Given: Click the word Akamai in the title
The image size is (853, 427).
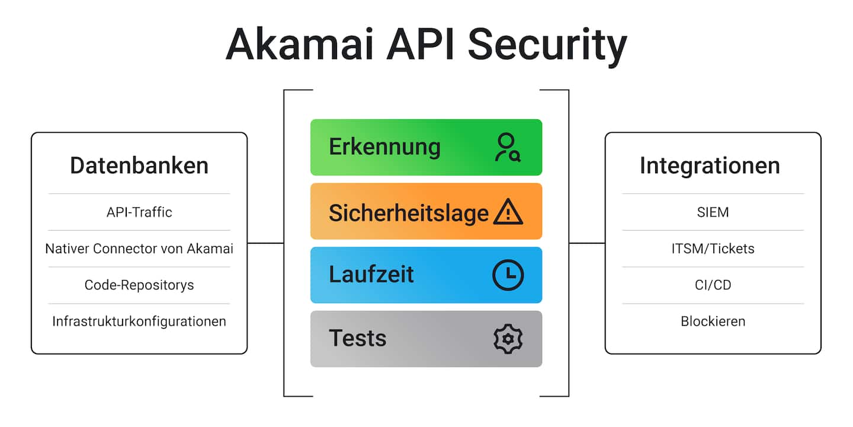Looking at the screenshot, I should pos(299,44).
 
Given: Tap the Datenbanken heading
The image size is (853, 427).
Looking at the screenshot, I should pos(139,165).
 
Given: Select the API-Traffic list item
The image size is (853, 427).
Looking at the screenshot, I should pos(139,212).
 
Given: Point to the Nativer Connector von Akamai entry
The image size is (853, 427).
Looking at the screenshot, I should pos(139,248).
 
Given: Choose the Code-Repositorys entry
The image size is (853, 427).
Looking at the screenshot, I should pos(139,285).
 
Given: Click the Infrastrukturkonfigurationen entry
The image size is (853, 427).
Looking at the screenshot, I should pos(139,321).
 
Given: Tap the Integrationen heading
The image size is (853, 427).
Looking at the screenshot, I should pos(710,165).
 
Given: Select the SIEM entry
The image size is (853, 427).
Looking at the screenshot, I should pos(713,212).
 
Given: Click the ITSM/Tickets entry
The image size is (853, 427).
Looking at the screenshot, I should pos(713,248).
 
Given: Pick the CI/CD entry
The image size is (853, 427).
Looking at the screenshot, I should pos(713,285).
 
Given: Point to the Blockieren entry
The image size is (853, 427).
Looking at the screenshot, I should pos(713,321).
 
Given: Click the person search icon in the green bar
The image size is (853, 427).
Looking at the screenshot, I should pos(508,148).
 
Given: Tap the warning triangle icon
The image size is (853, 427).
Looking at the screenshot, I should pos(508,212).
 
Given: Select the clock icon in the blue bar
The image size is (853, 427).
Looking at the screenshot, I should pos(508,275).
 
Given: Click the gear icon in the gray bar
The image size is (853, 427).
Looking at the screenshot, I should pos(508,339).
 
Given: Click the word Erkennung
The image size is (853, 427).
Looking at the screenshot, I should pos(384,147).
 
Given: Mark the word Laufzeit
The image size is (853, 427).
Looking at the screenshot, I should pos(371,275).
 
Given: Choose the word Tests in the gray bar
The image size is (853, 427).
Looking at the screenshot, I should pos(357,338).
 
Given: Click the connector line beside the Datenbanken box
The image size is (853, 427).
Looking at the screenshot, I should pos(265,243).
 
